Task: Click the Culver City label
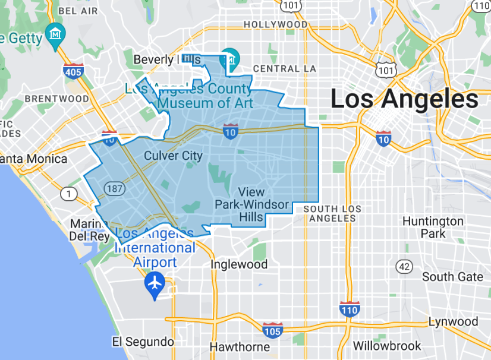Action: (x=174, y=156)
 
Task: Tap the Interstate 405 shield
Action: (x=73, y=71)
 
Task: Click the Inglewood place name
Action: (x=240, y=264)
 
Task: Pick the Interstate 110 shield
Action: (x=350, y=309)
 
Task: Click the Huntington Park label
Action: (x=433, y=227)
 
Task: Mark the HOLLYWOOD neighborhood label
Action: (x=276, y=25)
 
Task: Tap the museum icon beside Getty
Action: (x=56, y=32)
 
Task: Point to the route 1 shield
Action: (x=70, y=194)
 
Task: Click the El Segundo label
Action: (x=143, y=342)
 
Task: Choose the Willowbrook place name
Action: (x=387, y=345)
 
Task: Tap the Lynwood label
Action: (x=453, y=321)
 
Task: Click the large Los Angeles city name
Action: (x=404, y=99)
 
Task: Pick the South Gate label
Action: (x=452, y=277)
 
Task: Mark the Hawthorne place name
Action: (x=240, y=347)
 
